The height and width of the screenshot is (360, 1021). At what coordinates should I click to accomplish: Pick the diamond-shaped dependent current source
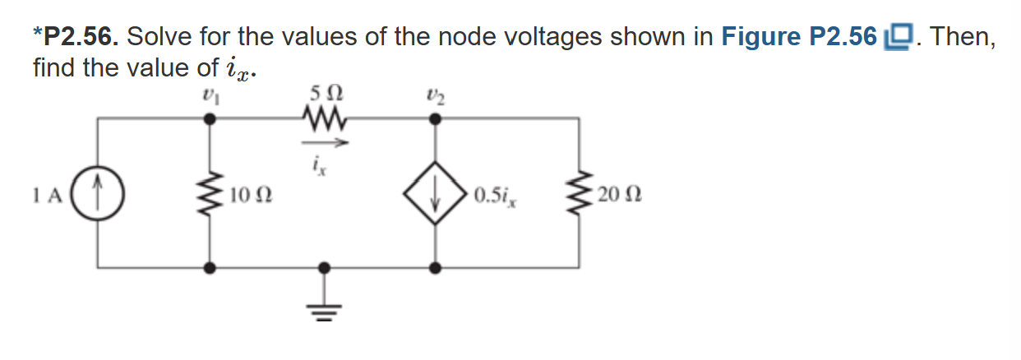(x=435, y=195)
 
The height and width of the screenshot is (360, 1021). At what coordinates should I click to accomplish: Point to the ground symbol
(x=324, y=307)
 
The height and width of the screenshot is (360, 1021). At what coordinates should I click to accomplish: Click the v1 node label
(x=210, y=94)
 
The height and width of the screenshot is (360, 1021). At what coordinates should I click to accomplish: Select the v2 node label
(x=434, y=94)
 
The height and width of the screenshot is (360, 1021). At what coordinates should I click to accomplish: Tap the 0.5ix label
(x=495, y=196)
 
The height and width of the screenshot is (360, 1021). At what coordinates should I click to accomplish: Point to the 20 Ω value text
(x=620, y=196)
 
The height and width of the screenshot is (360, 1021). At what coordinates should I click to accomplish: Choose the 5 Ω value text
(x=322, y=93)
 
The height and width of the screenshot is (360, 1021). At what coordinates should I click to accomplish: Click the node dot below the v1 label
(x=210, y=119)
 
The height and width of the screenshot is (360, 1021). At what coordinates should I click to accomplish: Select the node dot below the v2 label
(x=435, y=119)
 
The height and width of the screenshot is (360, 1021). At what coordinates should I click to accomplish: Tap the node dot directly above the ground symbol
(x=324, y=267)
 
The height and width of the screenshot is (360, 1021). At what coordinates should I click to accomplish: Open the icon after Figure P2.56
(x=898, y=37)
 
